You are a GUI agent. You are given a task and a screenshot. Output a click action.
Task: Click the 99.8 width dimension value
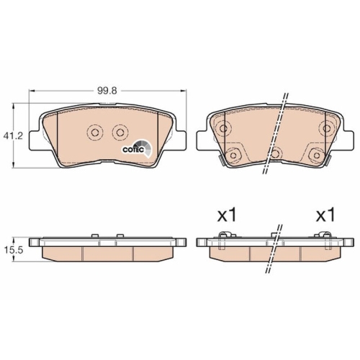[107, 91]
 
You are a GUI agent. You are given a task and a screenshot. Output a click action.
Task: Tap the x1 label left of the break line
[228, 215]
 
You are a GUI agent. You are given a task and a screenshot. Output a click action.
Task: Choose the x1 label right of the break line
[326, 215]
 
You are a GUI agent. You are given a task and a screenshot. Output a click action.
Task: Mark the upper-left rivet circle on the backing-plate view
[223, 129]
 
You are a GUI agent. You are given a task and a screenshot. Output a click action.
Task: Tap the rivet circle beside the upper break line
[276, 153]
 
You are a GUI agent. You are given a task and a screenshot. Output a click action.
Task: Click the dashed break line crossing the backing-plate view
[277, 133]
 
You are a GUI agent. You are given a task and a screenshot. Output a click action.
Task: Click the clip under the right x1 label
[322, 235]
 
